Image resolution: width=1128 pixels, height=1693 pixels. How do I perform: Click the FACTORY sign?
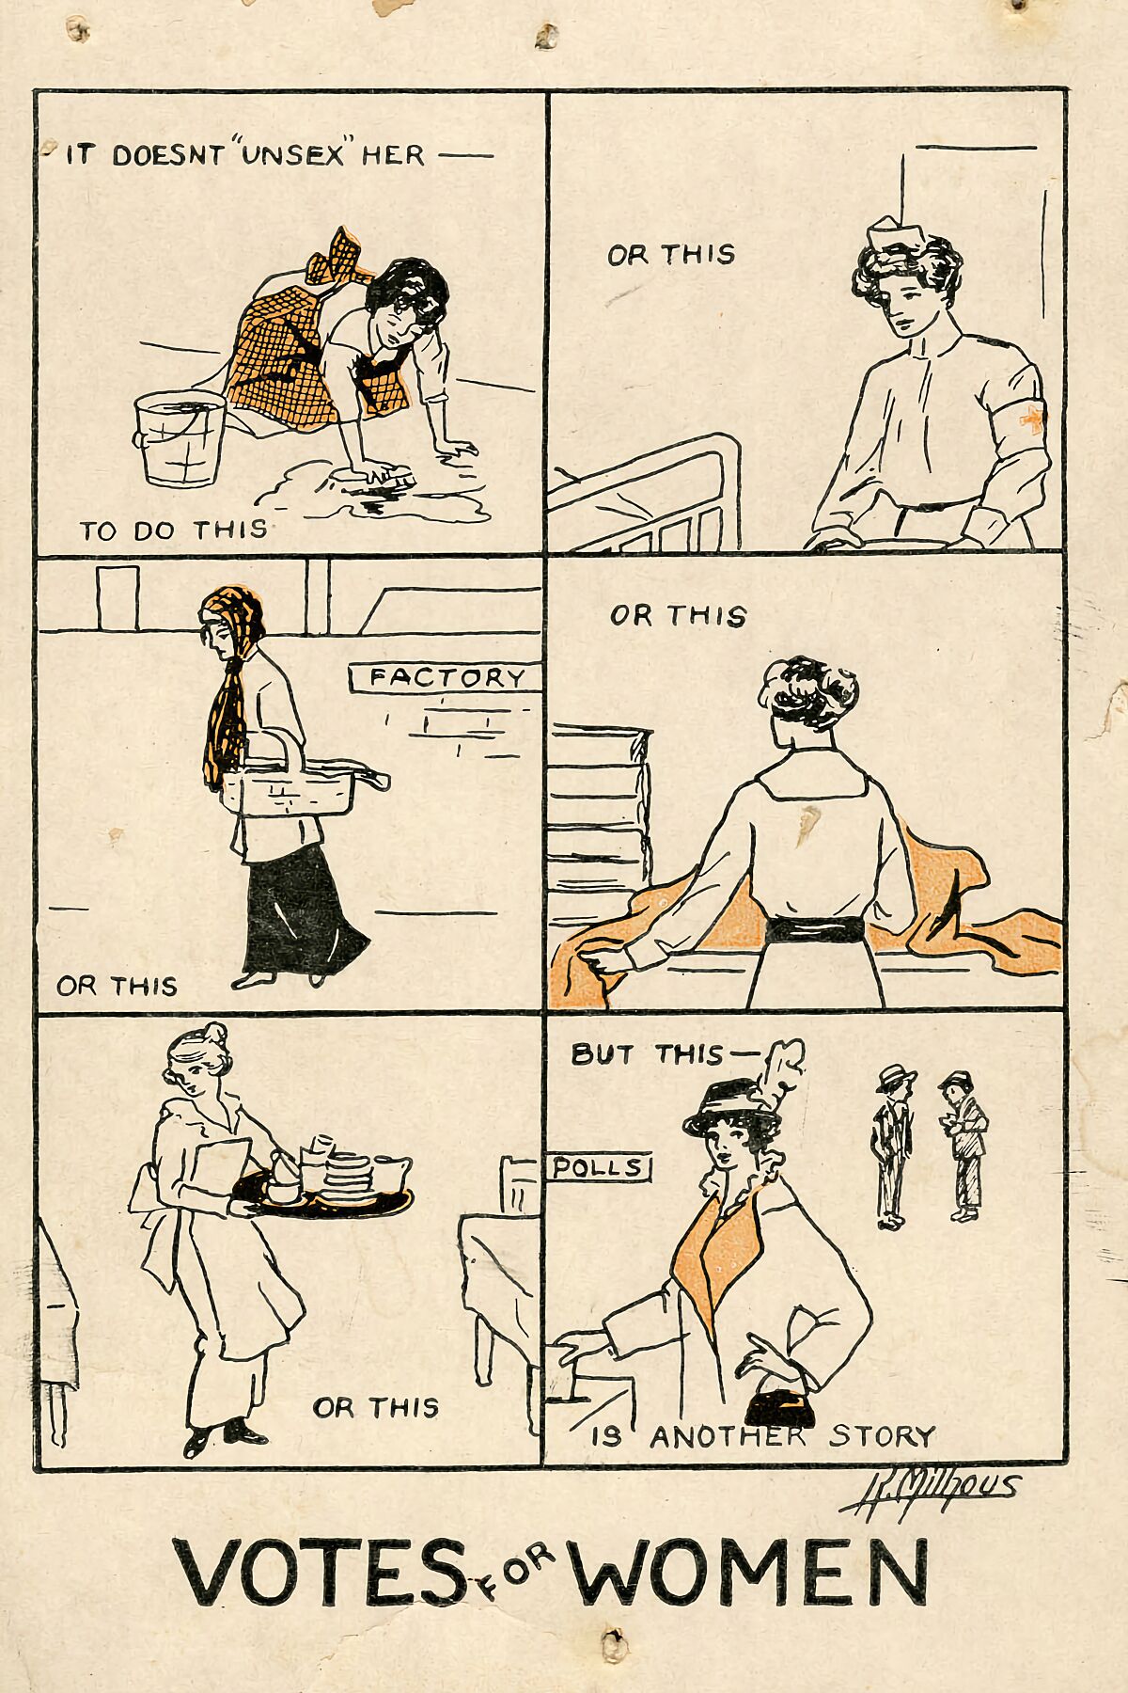446,677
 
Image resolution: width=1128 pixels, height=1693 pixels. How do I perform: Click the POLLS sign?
599,1167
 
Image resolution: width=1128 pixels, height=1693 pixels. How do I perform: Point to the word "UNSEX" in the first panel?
293,154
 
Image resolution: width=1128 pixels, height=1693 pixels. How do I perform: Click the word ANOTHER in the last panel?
728,1437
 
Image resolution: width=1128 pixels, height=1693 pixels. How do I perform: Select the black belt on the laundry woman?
814,930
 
